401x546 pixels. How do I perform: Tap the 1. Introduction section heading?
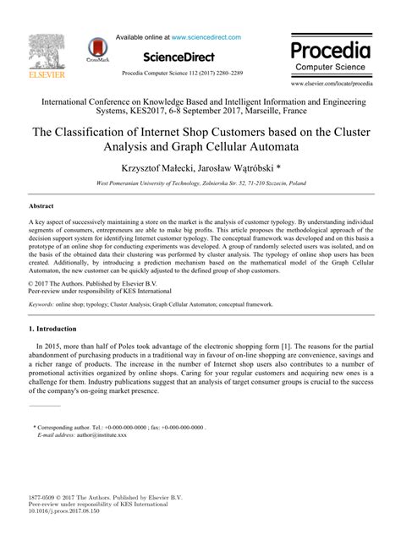coord(57,329)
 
